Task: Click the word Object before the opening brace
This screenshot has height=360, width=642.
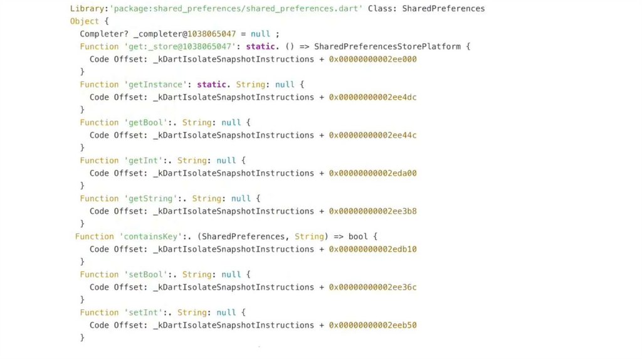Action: pyautogui.click(x=84, y=21)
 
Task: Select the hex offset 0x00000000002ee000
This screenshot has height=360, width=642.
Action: pyautogui.click(x=373, y=60)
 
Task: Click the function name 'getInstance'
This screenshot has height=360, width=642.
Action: pyautogui.click(x=149, y=85)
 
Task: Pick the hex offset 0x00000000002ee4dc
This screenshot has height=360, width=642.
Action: pyautogui.click(x=373, y=97)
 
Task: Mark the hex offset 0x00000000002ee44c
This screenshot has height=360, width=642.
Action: pyautogui.click(x=373, y=135)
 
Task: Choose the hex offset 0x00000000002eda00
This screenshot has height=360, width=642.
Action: pyautogui.click(x=373, y=173)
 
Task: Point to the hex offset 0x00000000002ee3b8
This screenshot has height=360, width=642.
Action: pyautogui.click(x=373, y=211)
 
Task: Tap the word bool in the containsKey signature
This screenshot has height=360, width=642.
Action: pyautogui.click(x=358, y=236)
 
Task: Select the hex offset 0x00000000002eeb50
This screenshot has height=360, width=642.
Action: pyautogui.click(x=373, y=326)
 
